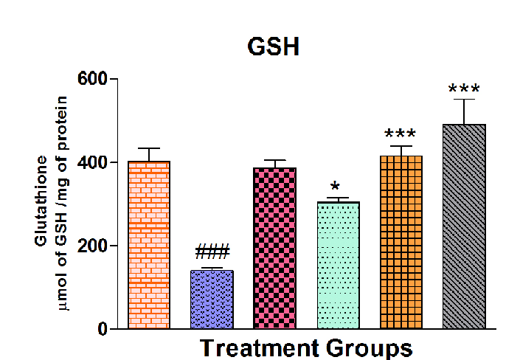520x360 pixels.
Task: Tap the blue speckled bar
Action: [212, 299]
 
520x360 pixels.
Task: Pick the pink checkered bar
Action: [274, 248]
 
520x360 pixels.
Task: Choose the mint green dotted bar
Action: [338, 265]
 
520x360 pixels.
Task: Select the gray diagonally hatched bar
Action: [464, 226]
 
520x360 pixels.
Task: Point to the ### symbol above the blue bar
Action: [212, 252]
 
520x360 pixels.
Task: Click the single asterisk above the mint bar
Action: [335, 187]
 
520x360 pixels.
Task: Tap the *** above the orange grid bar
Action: [401, 135]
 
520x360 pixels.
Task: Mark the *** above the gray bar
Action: [464, 90]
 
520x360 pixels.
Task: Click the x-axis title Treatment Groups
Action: [306, 347]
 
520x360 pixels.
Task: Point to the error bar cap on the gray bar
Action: [464, 99]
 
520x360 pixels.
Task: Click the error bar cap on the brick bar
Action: [149, 148]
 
